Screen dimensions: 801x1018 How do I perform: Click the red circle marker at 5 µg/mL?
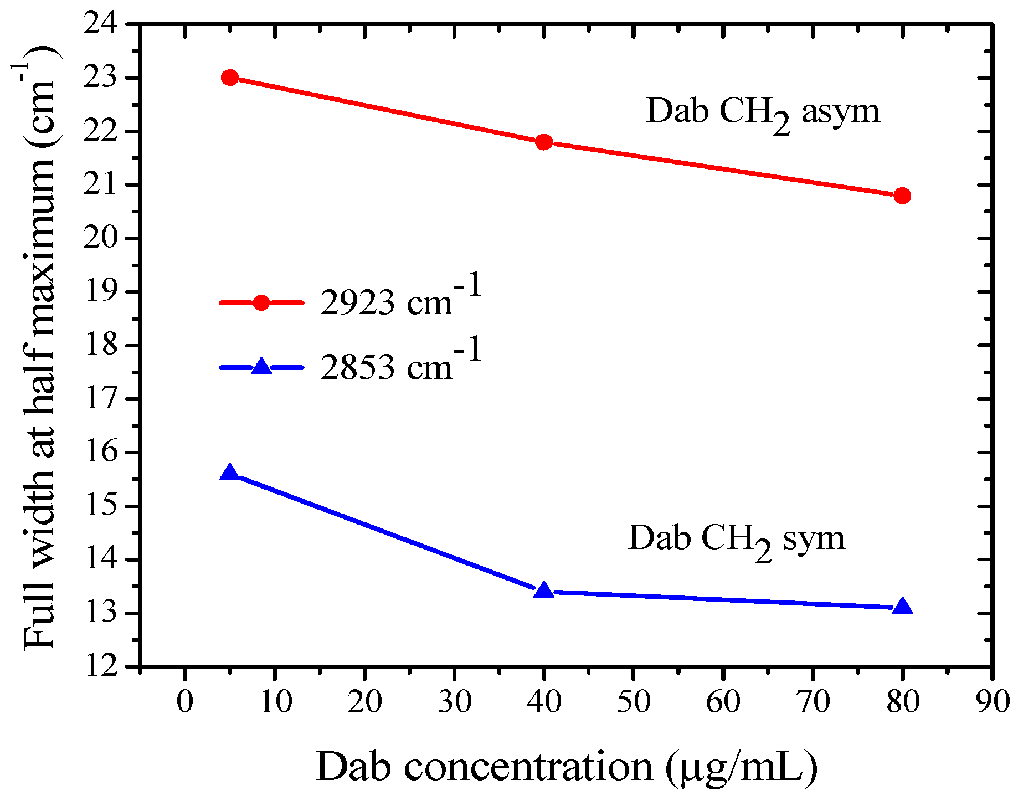coord(230,78)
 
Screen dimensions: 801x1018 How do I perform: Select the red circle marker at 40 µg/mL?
coord(544,142)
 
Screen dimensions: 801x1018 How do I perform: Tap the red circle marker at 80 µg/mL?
coord(902,196)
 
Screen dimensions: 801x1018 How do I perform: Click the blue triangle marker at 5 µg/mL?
coord(230,473)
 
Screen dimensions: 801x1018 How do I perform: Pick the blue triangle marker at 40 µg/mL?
coord(544,591)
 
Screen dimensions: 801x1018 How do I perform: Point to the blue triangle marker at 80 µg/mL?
coord(902,606)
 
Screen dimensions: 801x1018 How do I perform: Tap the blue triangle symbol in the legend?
coord(261,367)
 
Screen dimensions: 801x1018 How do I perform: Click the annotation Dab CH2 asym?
coord(763,112)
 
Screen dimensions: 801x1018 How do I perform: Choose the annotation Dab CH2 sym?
coord(737,538)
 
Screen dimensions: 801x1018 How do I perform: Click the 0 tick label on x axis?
coord(185,702)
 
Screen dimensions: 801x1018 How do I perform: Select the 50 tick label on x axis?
coord(634,702)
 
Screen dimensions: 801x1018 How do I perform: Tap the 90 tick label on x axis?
coord(992,702)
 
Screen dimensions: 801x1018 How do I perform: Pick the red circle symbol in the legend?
coord(261,302)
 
